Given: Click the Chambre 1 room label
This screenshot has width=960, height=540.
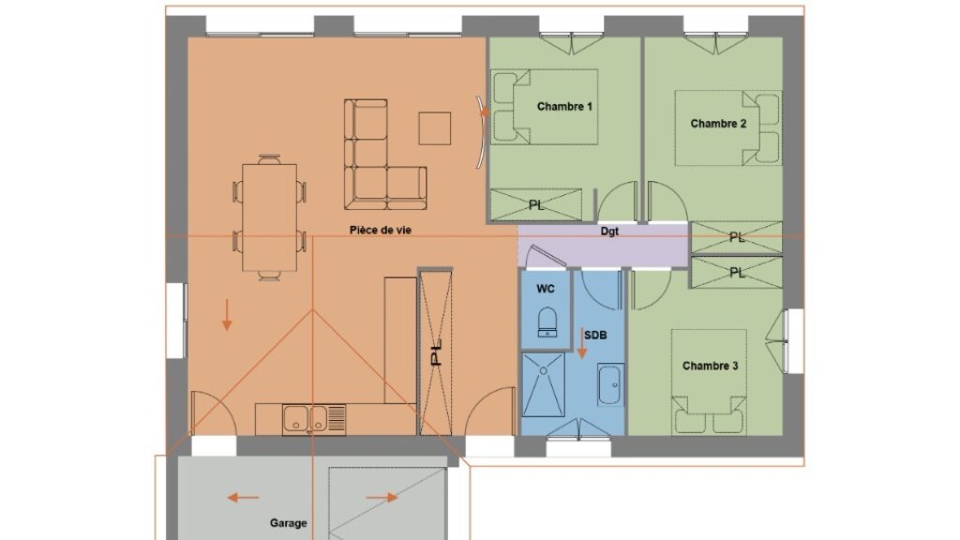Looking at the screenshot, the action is click(564, 107).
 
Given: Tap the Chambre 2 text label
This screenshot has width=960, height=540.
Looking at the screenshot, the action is click(718, 124).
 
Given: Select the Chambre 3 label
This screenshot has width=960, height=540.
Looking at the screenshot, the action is click(711, 367).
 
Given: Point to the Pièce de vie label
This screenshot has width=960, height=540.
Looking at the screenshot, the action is click(381, 231).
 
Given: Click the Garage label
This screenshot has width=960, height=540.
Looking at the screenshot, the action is click(289, 523).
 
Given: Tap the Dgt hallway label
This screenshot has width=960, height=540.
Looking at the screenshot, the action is click(609, 232).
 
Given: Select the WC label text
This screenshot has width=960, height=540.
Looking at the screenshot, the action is click(546, 289).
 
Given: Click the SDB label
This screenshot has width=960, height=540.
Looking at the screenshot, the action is click(595, 336).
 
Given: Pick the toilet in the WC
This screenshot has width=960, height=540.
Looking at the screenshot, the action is click(547, 322).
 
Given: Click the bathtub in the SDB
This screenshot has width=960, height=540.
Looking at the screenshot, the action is click(610, 384).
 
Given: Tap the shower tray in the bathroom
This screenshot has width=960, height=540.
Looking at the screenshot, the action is click(543, 384).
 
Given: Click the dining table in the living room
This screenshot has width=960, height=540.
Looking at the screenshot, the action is click(269, 217).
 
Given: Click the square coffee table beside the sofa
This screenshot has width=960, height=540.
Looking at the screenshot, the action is click(435, 128).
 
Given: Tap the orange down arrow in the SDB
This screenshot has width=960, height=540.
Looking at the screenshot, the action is click(582, 343).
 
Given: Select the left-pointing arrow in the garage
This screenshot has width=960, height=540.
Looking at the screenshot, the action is click(243, 498).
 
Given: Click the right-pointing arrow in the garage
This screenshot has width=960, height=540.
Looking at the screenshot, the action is click(382, 498).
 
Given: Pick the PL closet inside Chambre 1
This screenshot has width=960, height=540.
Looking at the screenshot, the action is click(535, 204).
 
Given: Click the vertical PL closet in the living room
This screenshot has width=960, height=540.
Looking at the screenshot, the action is click(435, 352).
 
